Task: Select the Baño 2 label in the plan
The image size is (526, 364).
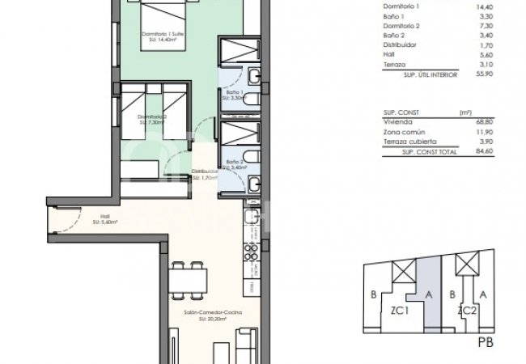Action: click(233, 163)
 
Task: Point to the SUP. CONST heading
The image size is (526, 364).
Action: click(397, 112)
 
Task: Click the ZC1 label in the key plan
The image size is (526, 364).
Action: click(399, 310)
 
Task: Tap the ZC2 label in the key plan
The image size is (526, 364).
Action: click(465, 310)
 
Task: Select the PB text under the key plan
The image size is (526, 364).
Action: click(486, 342)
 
